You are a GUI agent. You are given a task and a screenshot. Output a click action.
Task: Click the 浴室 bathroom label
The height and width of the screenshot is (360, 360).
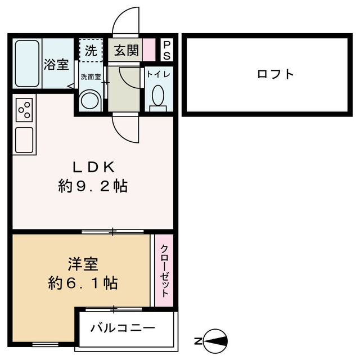pyautogui.click(x=56, y=64)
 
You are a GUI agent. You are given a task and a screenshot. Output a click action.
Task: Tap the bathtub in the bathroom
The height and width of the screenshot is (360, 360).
pyautogui.click(x=27, y=64)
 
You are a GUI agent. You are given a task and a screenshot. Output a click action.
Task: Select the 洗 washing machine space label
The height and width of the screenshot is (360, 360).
pyautogui.click(x=91, y=51)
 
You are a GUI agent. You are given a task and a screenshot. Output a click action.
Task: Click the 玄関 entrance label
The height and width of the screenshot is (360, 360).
pyautogui.click(x=127, y=51)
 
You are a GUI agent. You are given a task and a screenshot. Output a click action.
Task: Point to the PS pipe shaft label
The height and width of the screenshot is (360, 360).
pyautogui.click(x=167, y=51)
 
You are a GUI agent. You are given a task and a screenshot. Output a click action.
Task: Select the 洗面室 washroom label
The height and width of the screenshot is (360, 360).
pyautogui.click(x=90, y=77)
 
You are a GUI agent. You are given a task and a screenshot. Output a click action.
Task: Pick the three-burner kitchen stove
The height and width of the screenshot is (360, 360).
pyautogui.click(x=24, y=109)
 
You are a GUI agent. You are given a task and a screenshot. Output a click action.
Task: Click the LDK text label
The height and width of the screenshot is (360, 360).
pyautogui.click(x=93, y=167)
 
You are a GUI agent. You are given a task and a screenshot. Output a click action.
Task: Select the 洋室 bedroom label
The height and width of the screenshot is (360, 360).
pyautogui.click(x=83, y=263)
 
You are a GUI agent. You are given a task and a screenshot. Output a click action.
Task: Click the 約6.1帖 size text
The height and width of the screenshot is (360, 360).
pyautogui.click(x=83, y=282)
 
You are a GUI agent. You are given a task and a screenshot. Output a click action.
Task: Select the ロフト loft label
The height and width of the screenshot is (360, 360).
pyautogui.click(x=276, y=74)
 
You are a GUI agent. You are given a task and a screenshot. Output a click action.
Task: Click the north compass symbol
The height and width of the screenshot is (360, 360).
pyautogui.click(x=215, y=341)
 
